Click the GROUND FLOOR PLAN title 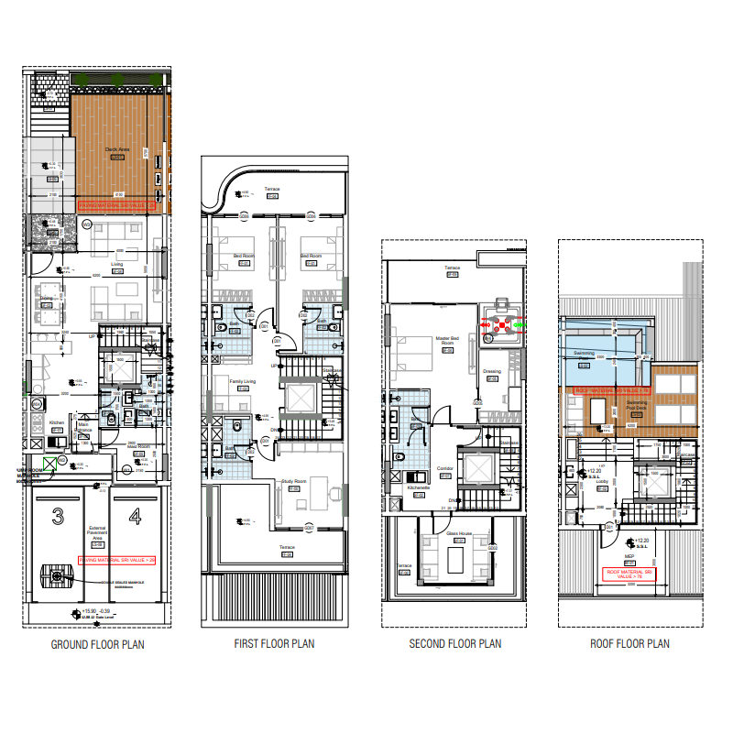tap(97, 644)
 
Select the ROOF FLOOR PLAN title tap(629, 644)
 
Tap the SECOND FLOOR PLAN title tap(454, 644)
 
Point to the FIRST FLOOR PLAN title tap(274, 644)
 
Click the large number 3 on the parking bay tap(57, 519)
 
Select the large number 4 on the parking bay tap(135, 519)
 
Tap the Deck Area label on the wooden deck tap(117, 149)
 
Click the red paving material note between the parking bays tap(117, 559)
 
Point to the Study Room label tap(293, 480)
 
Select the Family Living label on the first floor tap(242, 380)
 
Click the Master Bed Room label tap(447, 340)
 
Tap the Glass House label tap(458, 532)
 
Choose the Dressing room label tap(491, 371)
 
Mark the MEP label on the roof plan tap(629, 555)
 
